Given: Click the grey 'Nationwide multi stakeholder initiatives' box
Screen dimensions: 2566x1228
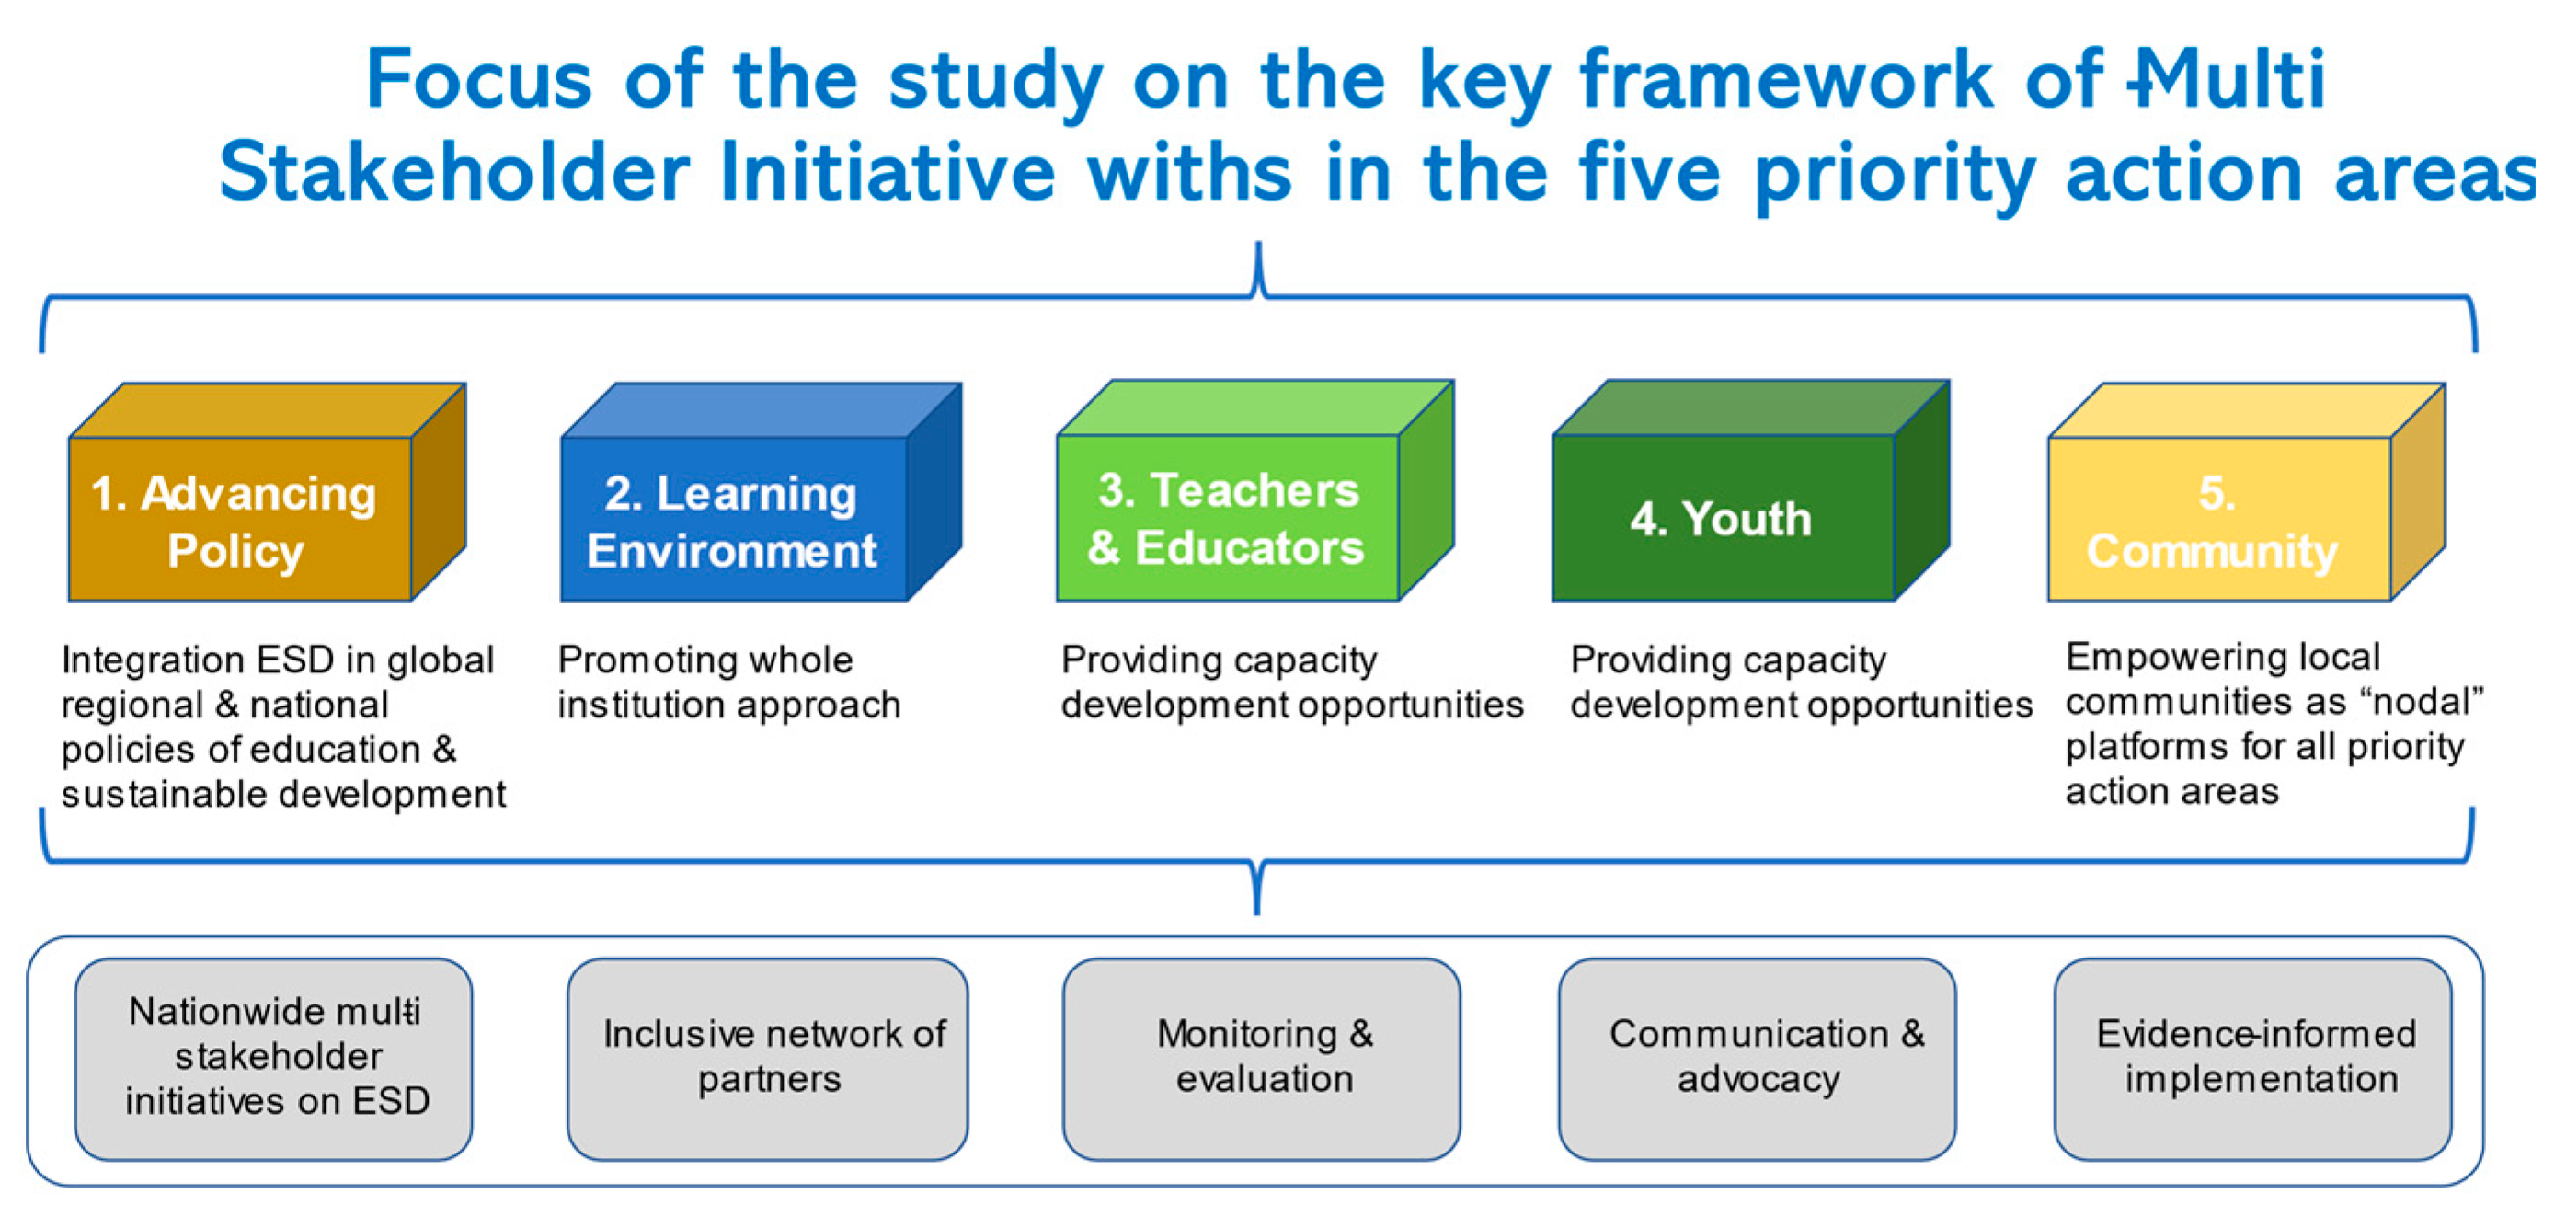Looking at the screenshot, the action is [x=274, y=1059].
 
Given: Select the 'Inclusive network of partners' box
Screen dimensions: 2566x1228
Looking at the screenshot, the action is [x=767, y=1059].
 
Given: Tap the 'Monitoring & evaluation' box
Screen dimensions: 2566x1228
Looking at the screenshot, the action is [x=1261, y=1059].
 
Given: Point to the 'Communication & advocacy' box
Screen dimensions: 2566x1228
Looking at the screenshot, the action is [x=1758, y=1059].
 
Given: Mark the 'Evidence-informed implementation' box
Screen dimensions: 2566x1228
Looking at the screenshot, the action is [x=2253, y=1059].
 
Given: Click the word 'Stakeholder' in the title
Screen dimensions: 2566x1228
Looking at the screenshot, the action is [x=454, y=171].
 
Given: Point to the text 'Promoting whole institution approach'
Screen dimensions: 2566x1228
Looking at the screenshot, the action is [x=729, y=683].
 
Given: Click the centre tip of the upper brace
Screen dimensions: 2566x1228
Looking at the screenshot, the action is [x=1259, y=243].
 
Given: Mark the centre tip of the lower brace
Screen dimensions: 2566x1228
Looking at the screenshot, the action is [x=1257, y=912].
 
